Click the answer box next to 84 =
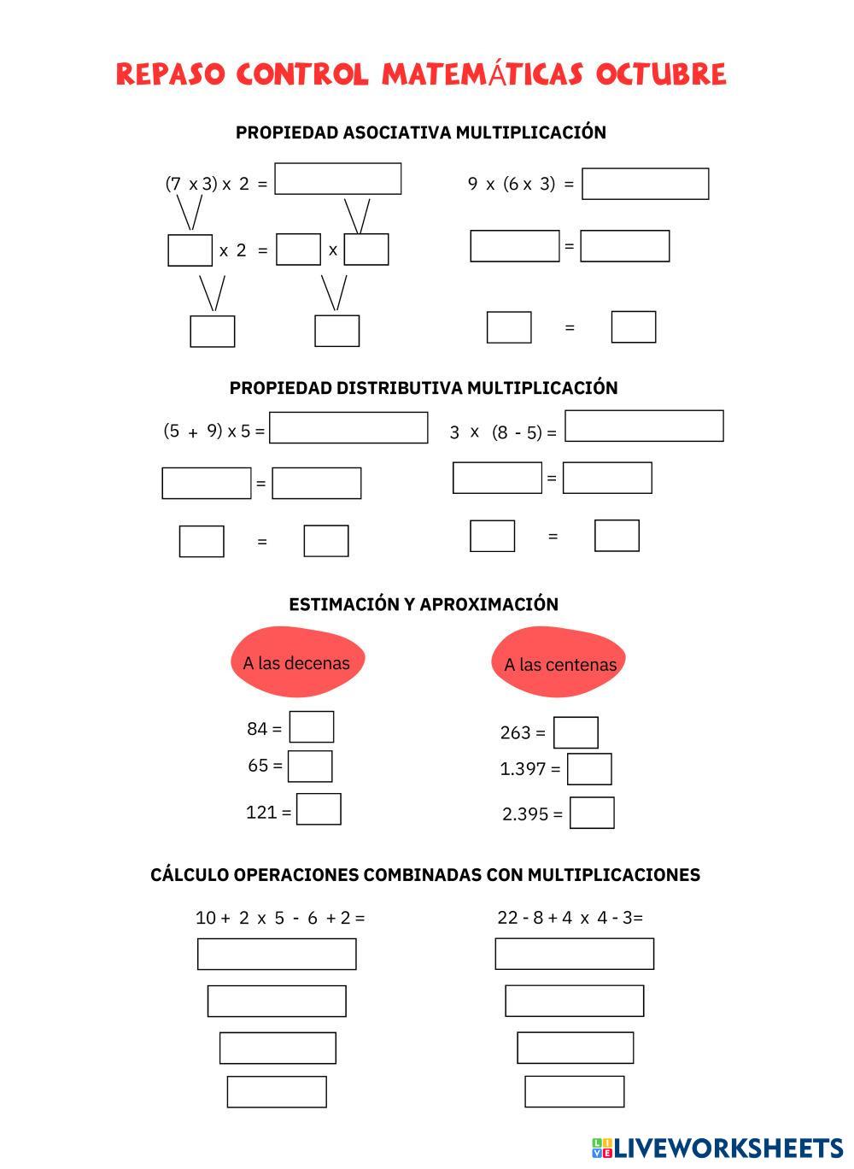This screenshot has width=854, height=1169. [312, 727]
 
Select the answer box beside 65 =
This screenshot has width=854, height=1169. [310, 766]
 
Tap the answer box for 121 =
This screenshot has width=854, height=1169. [319, 809]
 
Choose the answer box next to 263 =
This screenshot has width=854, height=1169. [576, 732]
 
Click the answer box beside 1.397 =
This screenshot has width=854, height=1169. [589, 769]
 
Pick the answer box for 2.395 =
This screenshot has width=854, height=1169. [592, 813]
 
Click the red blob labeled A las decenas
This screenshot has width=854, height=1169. [296, 662]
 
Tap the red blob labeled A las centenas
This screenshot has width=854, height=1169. [559, 664]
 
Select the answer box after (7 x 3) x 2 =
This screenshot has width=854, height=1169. [337, 179]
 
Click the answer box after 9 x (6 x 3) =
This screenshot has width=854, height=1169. [645, 184]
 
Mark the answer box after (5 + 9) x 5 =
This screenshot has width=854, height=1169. [348, 428]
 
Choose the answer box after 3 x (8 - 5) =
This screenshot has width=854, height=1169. [644, 426]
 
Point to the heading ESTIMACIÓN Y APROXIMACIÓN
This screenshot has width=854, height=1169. [424, 604]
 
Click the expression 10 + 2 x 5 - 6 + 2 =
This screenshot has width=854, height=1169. [280, 918]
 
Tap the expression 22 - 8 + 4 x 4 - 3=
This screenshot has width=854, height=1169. [570, 918]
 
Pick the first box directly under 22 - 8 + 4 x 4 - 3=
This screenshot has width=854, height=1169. [574, 954]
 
